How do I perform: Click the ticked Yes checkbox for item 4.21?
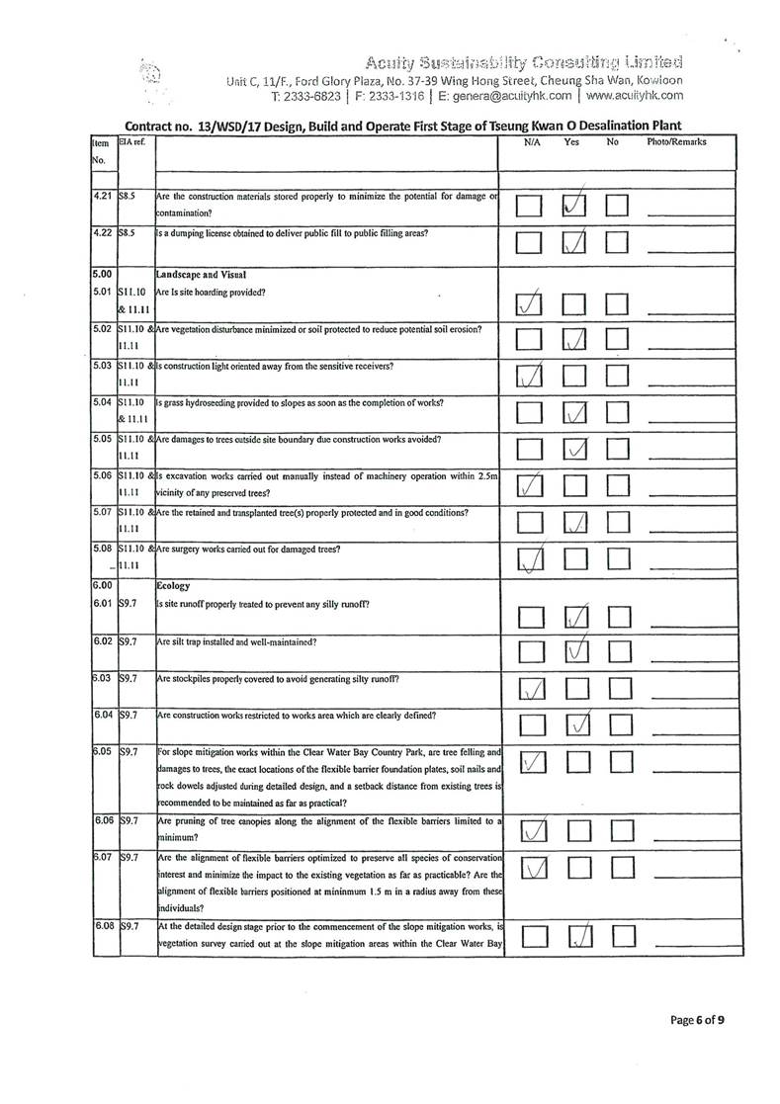[577, 205]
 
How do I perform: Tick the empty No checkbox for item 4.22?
[618, 242]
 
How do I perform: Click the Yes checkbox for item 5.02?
[577, 341]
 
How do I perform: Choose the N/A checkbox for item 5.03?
[530, 377]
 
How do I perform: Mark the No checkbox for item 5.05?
[618, 451]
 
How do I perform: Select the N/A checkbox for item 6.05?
[530, 763]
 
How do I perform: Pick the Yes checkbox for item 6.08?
[577, 935]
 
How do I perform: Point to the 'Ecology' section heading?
[174, 586]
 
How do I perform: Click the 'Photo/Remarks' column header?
[676, 142]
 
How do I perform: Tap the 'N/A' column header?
[532, 142]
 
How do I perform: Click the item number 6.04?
[96, 716]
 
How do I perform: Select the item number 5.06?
[96, 475]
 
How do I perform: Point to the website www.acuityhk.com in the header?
[634, 96]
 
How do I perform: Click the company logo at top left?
[151, 77]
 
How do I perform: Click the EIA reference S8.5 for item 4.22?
[127, 233]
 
